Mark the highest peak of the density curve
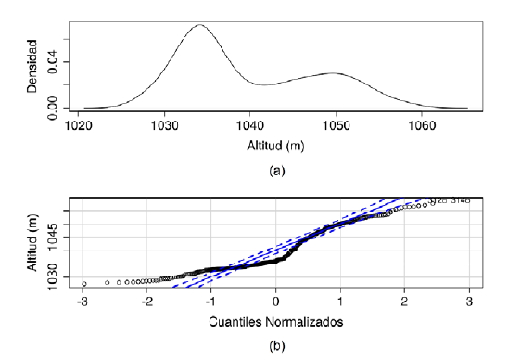(198, 25)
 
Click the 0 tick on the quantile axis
(275, 302)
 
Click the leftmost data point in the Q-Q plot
(83, 283)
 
